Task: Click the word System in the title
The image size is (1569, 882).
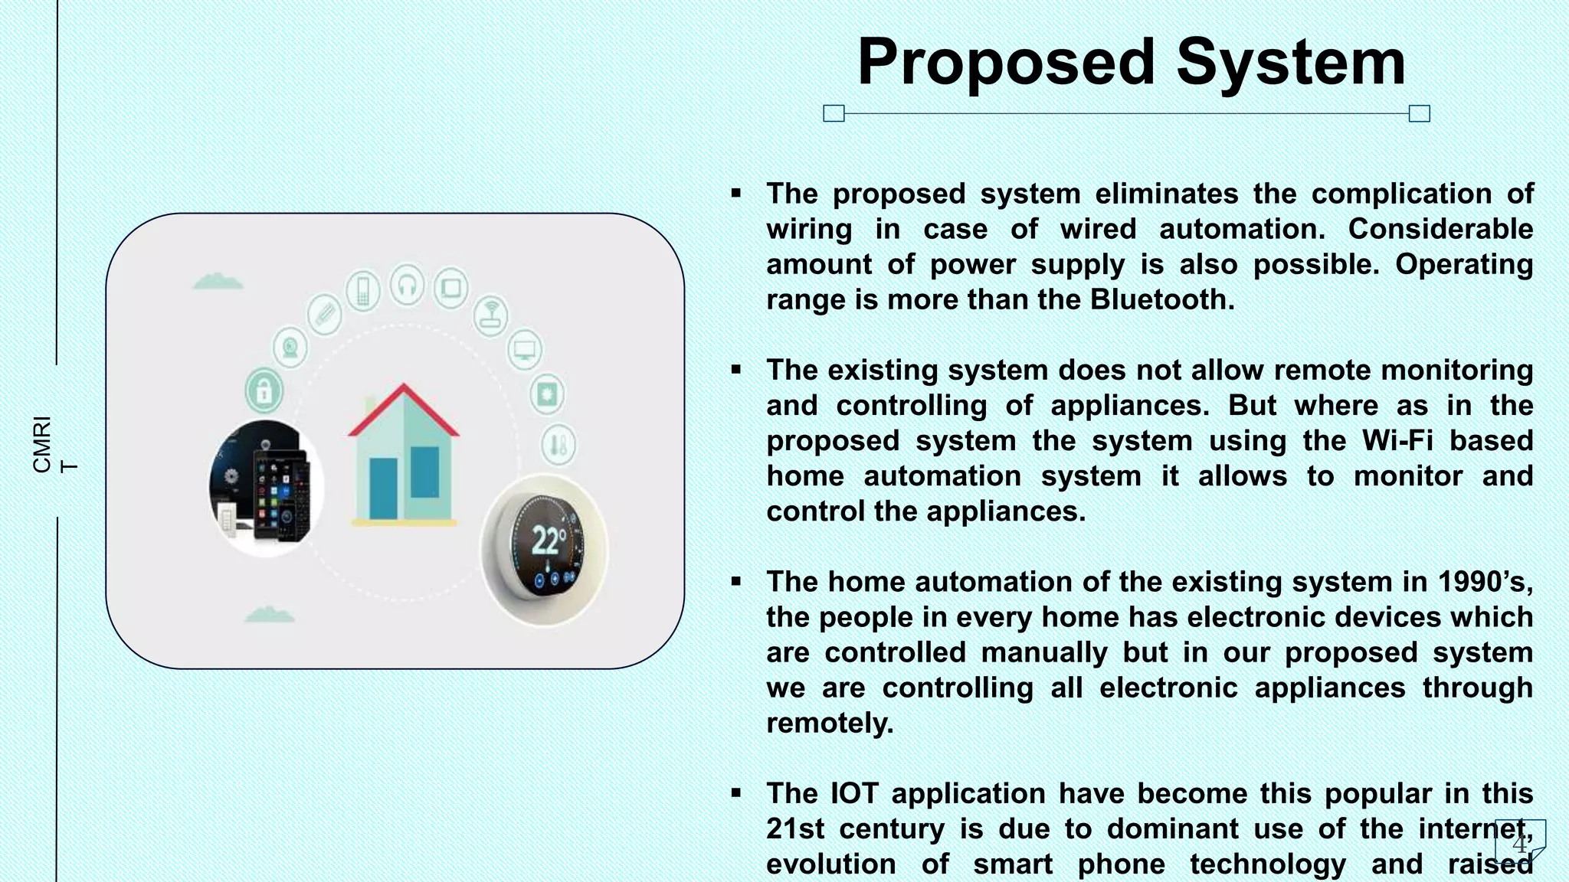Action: coord(1291,63)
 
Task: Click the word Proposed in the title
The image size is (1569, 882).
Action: coord(1005,63)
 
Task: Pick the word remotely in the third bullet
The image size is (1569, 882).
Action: coord(830,723)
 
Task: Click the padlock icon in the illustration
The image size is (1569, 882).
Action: coord(264,392)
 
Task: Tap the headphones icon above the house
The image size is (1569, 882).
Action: coord(407,285)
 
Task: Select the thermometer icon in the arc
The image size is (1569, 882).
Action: coord(558,444)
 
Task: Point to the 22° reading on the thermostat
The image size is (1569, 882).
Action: coord(549,541)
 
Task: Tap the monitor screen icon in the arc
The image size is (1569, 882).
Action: coord(525,350)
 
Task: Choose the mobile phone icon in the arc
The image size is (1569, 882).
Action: coord(363,291)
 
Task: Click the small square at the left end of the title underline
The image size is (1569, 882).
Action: coord(834,114)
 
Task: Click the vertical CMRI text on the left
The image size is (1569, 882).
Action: coord(43,444)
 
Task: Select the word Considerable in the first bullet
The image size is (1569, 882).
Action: coord(1440,229)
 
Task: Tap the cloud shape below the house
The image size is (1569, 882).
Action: coord(269,614)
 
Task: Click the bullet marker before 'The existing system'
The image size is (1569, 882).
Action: coord(736,370)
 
